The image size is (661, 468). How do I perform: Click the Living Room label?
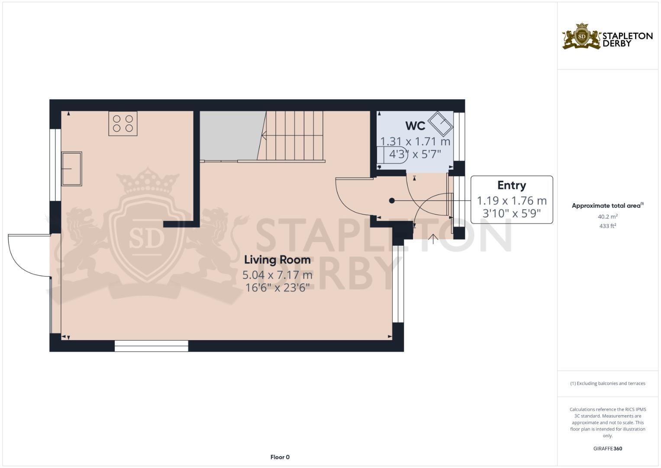[277, 260]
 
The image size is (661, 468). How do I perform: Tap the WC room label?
[415, 126]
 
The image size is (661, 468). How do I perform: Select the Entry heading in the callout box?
[511, 185]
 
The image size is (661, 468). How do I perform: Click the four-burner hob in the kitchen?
[123, 123]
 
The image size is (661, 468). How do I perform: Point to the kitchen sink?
[71, 169]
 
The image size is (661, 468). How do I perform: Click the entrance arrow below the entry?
[433, 239]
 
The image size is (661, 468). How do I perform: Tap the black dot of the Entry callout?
[392, 201]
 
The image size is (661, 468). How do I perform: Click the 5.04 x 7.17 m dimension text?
[277, 275]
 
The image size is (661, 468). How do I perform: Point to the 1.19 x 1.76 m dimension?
[511, 201]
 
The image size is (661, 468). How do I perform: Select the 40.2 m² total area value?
[607, 217]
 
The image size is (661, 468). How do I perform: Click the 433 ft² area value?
[607, 226]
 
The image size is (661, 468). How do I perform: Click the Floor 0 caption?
[280, 457]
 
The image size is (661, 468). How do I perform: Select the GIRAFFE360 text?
[607, 448]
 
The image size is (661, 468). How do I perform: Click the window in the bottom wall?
[152, 345]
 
